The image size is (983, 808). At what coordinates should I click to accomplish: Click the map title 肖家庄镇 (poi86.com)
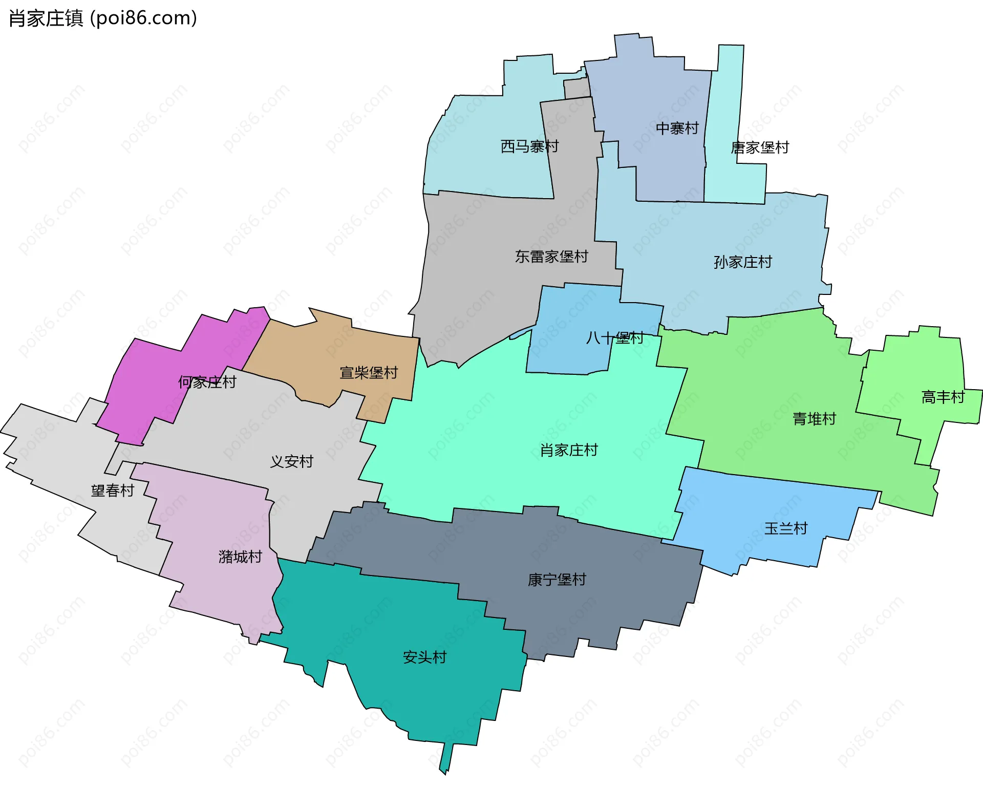103,18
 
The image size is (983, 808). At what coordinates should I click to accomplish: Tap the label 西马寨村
529,146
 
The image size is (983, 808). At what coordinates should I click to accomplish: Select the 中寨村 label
677,128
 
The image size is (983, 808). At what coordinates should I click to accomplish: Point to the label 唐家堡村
760,147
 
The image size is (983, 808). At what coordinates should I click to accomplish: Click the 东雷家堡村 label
551,257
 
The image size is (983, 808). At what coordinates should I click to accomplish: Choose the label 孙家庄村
743,262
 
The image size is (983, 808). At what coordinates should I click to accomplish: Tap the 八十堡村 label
614,338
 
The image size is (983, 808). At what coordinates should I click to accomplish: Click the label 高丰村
943,397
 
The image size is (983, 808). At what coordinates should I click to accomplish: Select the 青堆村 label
814,419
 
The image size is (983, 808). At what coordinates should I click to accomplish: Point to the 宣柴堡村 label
369,373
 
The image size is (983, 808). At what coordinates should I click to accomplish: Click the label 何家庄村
207,382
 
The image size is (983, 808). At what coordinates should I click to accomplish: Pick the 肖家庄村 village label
569,450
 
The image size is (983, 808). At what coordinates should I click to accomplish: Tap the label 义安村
291,461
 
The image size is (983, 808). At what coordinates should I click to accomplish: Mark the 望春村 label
113,491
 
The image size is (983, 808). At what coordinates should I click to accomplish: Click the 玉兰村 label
786,528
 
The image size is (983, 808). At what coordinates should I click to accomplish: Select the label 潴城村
240,557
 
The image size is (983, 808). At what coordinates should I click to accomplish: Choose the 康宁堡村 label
557,580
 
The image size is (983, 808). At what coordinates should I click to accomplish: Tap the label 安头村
425,657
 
